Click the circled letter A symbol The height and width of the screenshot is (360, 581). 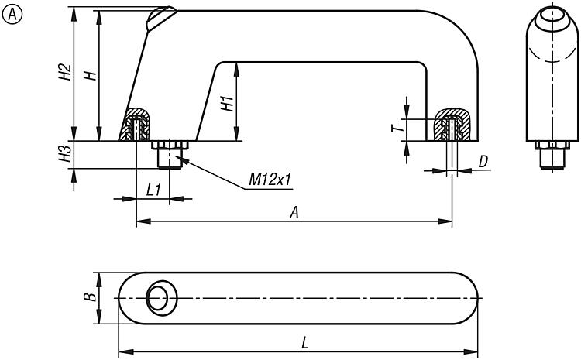(12, 15)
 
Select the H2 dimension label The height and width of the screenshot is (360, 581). (65, 72)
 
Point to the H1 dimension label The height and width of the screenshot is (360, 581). (227, 104)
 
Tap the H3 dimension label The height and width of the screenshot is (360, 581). (65, 153)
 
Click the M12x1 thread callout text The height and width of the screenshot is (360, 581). (270, 180)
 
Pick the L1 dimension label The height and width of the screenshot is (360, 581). (153, 190)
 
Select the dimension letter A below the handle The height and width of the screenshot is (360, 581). (294, 213)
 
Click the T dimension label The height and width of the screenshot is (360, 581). (397, 129)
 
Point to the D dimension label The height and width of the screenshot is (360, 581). (483, 162)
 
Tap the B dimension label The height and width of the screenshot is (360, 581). (90, 297)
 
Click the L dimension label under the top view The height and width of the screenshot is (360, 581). (304, 343)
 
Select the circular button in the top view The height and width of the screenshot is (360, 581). (162, 298)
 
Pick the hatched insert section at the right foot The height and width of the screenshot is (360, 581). (452, 125)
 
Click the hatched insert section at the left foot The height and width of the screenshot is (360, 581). (136, 125)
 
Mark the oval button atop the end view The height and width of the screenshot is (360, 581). (552, 19)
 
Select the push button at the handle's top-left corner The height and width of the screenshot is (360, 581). (160, 18)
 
